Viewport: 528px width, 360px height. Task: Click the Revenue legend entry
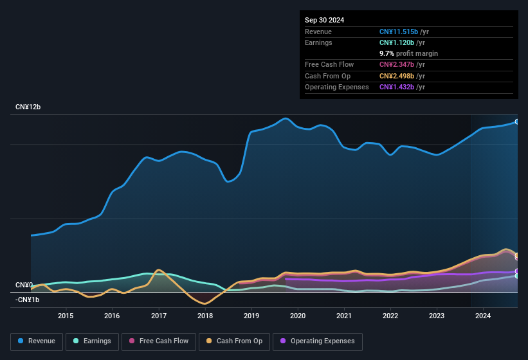[36, 341]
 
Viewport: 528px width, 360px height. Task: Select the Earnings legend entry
[92, 341]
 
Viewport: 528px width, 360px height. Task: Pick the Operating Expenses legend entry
[317, 341]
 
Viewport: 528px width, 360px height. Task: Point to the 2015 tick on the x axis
[65, 316]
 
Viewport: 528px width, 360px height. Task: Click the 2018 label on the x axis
[205, 316]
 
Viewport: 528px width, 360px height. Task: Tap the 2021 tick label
[344, 316]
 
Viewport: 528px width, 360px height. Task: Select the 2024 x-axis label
[483, 316]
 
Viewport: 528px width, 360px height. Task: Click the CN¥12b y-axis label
[28, 107]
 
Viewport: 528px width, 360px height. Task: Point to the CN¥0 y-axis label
[24, 285]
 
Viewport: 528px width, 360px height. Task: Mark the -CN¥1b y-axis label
[28, 300]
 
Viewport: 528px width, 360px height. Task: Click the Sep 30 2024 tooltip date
[324, 20]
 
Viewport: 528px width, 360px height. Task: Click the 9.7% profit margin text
[408, 53]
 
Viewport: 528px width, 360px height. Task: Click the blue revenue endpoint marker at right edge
[516, 122]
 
